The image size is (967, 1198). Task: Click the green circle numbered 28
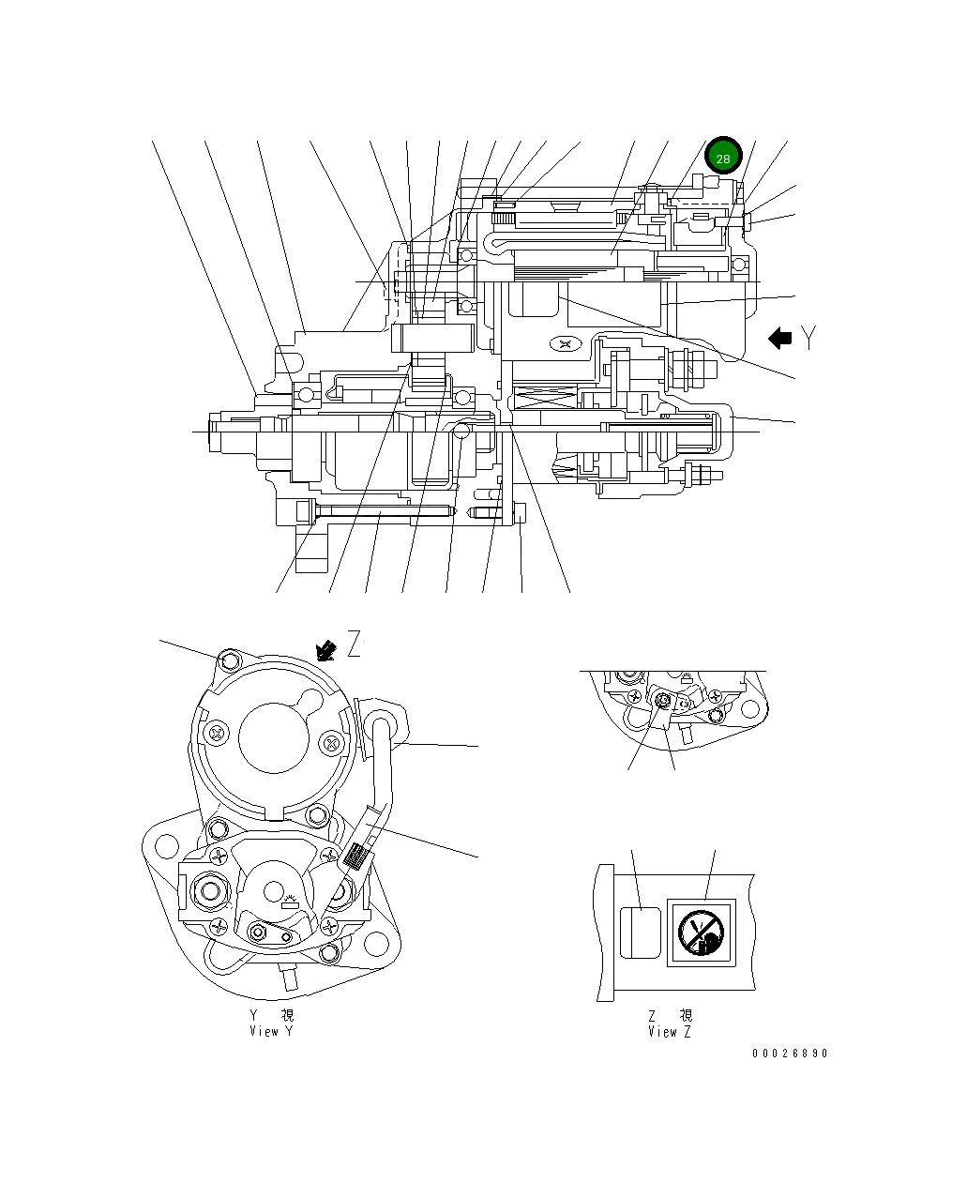point(723,158)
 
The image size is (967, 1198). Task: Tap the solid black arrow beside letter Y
point(780,339)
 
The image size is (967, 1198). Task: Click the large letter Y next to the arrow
point(809,338)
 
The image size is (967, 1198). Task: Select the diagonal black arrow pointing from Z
point(326,649)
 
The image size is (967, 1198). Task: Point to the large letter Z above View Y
point(354,644)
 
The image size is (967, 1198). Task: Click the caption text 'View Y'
point(271,1031)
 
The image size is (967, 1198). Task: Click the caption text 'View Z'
point(670,1031)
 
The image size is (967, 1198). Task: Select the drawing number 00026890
point(790,1054)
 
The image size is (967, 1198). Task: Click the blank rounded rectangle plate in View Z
point(639,933)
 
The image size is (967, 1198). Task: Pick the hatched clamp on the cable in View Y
point(355,856)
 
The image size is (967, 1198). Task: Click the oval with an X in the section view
point(564,344)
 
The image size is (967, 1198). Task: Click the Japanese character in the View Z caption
point(686,1016)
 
